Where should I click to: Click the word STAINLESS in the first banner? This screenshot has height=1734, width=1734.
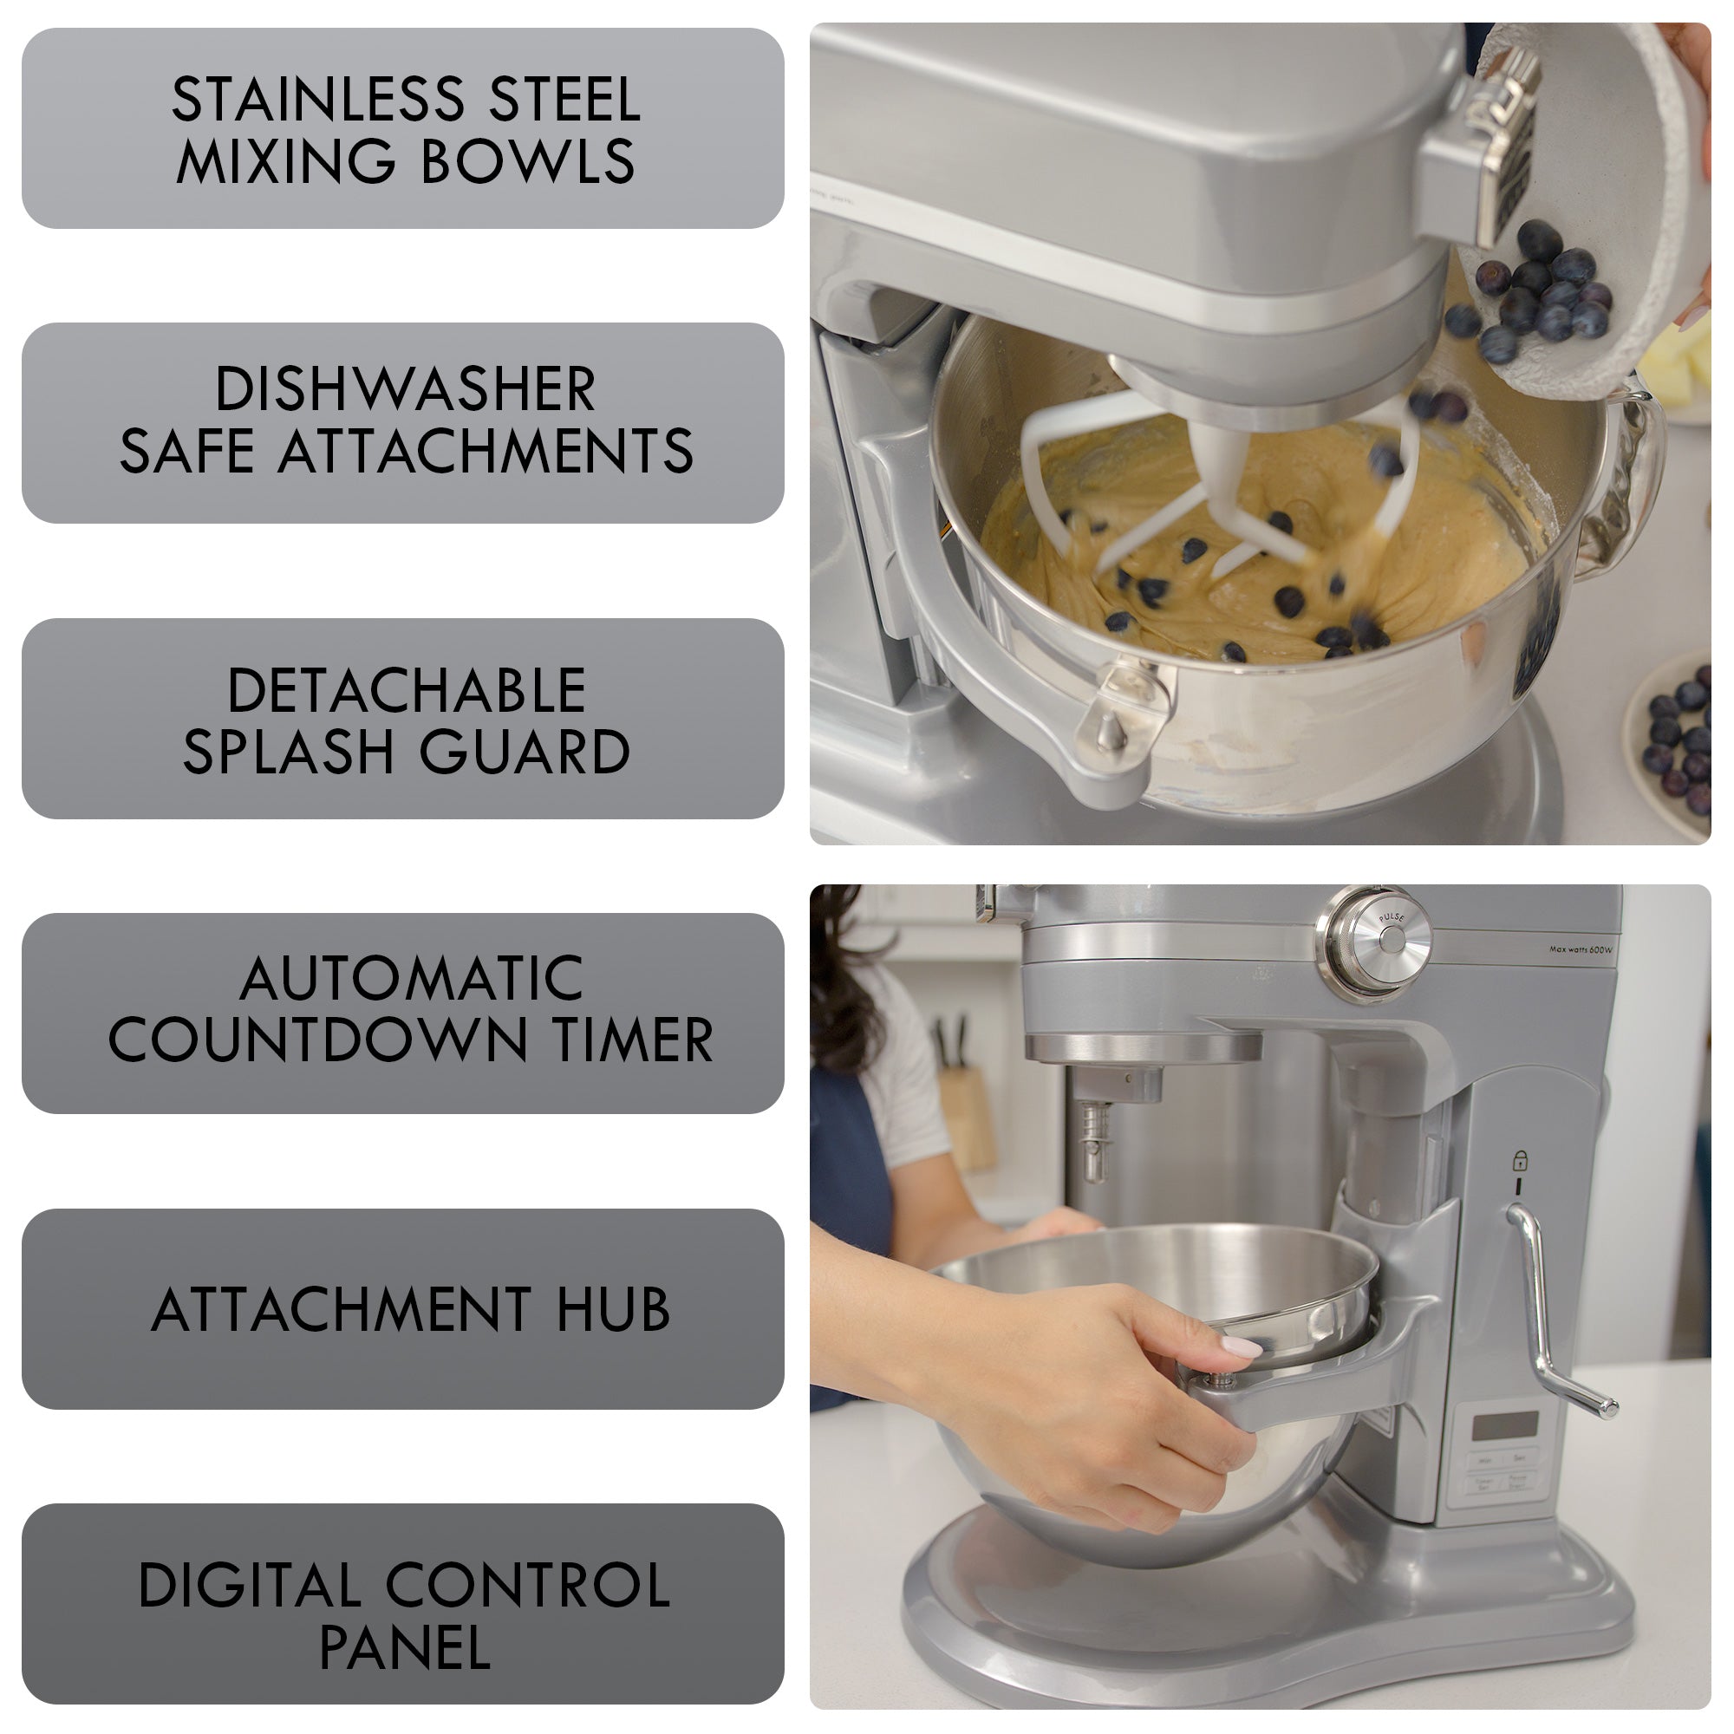pyautogui.click(x=317, y=99)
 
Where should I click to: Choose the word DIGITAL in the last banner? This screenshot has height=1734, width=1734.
pyautogui.click(x=250, y=1586)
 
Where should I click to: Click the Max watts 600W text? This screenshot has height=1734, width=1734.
pyautogui.click(x=1581, y=949)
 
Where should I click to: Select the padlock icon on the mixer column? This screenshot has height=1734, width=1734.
pyautogui.click(x=1520, y=1161)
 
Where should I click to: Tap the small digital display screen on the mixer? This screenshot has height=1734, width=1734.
pyautogui.click(x=1505, y=1425)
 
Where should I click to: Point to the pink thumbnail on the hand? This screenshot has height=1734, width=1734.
pyautogui.click(x=1242, y=1347)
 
